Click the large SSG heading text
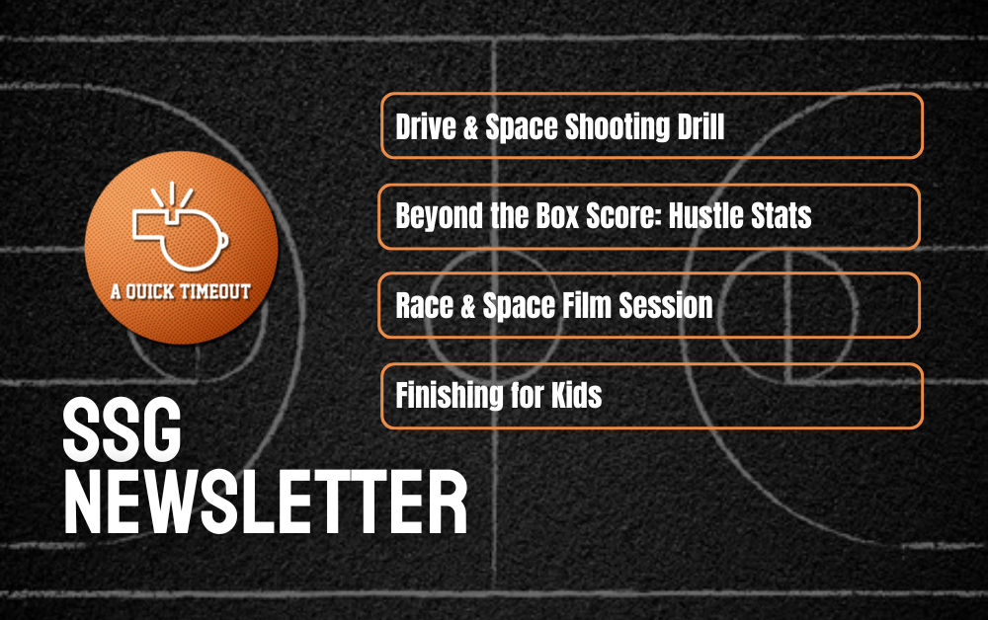[x=123, y=429]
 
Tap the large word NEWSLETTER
[x=265, y=504]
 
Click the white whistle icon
[x=180, y=227]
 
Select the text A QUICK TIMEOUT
[x=181, y=291]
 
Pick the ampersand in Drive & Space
[x=470, y=127]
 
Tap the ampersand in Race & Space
[x=467, y=306]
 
